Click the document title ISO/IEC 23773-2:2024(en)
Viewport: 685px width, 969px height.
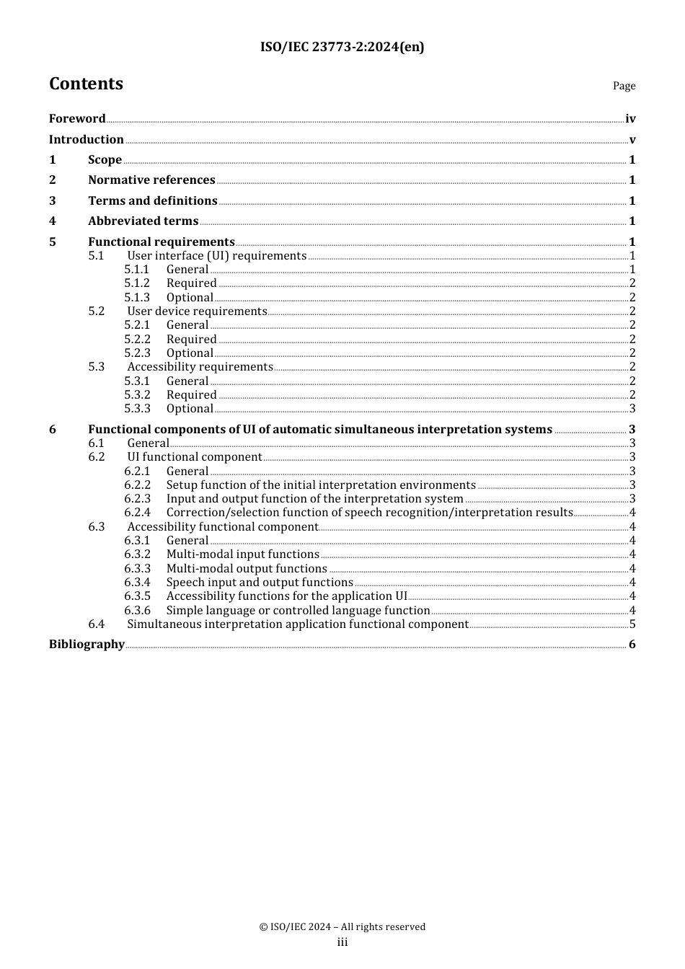point(342,47)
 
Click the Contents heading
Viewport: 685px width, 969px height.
point(86,84)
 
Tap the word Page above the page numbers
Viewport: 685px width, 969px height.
point(624,86)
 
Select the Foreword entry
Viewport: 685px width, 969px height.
point(77,119)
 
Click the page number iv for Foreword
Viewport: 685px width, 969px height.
point(630,119)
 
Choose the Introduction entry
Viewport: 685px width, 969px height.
point(87,140)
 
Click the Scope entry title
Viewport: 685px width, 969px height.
point(105,160)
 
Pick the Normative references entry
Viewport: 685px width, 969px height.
point(151,180)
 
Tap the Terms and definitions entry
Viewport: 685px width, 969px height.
point(153,201)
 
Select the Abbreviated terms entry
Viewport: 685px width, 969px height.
point(143,221)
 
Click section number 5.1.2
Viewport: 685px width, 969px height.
point(137,283)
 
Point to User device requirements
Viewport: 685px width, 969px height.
point(197,311)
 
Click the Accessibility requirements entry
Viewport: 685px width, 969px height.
point(200,367)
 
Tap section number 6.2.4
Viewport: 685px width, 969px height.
point(137,513)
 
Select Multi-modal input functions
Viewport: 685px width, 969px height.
point(242,554)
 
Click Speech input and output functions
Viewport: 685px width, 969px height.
point(260,583)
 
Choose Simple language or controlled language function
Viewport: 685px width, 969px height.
point(298,611)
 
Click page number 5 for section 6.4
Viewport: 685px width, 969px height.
point(632,624)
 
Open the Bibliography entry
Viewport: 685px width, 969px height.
point(87,645)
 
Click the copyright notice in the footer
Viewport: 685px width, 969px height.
point(342,927)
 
